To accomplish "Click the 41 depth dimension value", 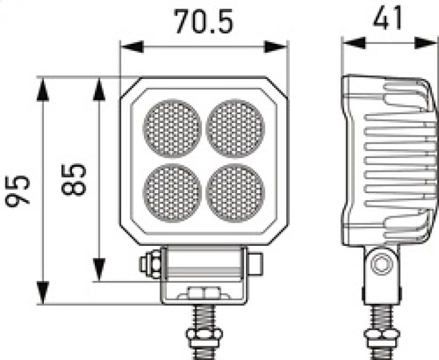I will click(x=387, y=19).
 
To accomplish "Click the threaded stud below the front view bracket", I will click(x=204, y=324).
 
